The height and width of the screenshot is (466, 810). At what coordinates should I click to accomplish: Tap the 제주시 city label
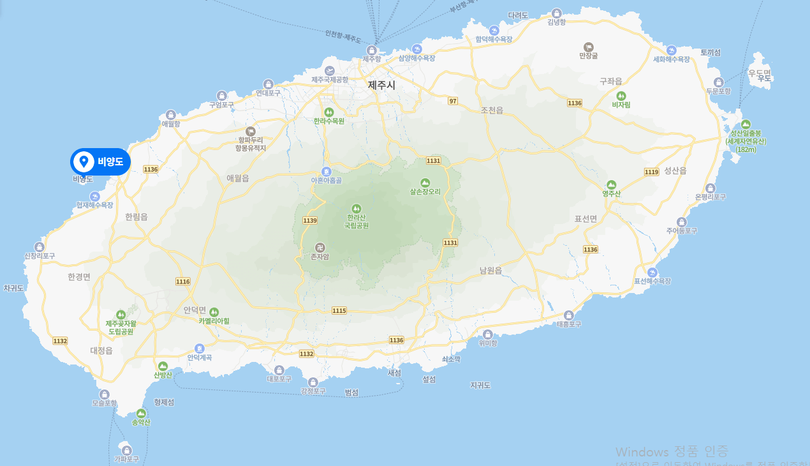[381, 84]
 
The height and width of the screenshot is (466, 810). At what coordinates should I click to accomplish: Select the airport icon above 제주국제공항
[330, 70]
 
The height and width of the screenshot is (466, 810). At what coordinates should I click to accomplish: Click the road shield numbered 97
[453, 101]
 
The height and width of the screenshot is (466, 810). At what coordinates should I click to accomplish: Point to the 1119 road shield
[651, 172]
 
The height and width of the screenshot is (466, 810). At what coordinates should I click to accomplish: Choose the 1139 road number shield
[310, 220]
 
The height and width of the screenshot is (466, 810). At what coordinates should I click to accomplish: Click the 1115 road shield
[339, 310]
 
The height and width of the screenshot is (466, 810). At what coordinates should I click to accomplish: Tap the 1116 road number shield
[183, 282]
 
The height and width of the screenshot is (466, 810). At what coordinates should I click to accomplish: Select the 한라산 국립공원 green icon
[357, 208]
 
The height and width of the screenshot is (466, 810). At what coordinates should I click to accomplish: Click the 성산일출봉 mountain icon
[746, 124]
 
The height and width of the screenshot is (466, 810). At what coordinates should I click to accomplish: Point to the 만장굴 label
[588, 56]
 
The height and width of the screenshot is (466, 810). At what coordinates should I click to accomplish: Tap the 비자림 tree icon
[621, 95]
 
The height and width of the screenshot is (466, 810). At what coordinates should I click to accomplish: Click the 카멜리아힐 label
[214, 321]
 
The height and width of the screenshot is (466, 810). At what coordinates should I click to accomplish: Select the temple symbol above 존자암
[320, 247]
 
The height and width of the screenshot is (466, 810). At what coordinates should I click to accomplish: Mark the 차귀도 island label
[14, 289]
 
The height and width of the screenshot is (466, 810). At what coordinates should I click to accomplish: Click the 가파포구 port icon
[126, 450]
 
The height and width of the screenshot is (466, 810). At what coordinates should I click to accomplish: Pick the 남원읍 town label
[491, 271]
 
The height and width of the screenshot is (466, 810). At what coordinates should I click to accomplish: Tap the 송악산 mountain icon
[141, 414]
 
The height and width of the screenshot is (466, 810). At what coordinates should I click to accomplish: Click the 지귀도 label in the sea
[480, 385]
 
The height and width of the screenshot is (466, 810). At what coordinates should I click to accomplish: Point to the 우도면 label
[760, 72]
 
